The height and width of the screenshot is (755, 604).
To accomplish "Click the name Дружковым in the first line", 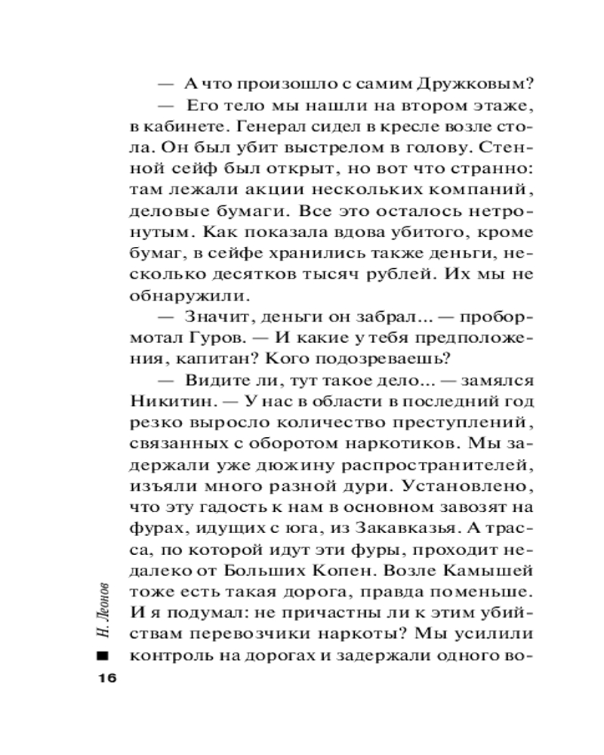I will (450, 84).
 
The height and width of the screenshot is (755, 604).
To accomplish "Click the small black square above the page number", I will (103, 654).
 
